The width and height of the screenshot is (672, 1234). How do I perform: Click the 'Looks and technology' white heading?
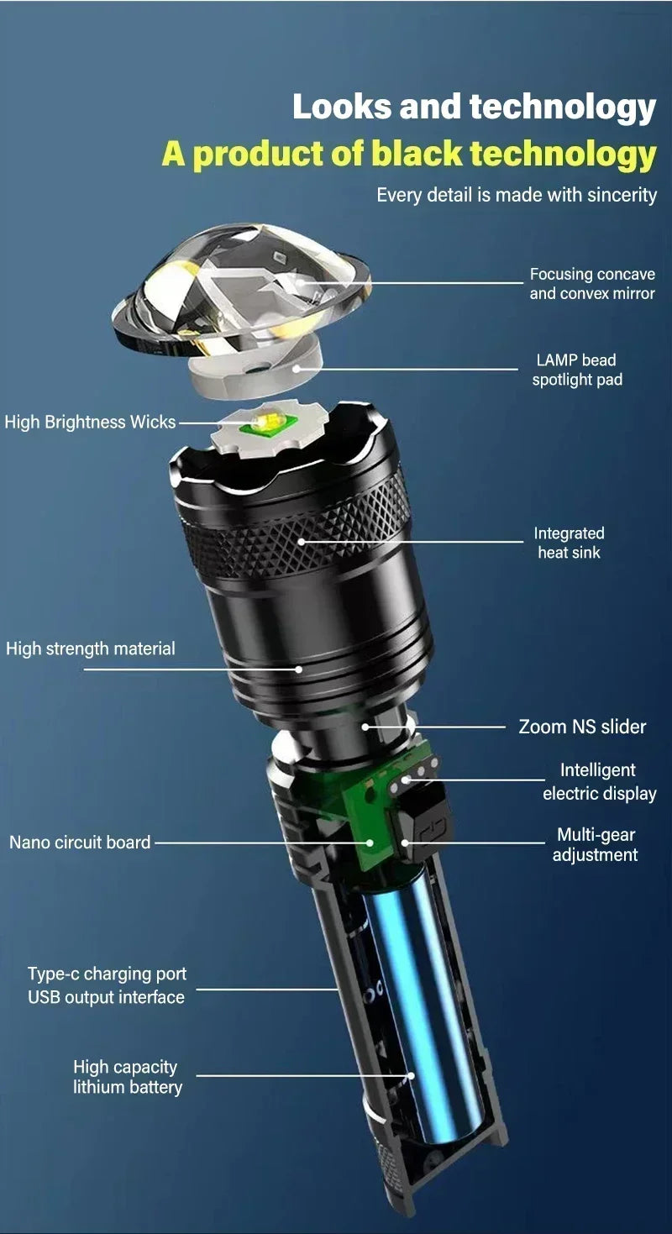[474, 108]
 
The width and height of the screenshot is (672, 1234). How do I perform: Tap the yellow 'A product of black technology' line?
[409, 154]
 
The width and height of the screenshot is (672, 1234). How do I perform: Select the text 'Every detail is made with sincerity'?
[516, 195]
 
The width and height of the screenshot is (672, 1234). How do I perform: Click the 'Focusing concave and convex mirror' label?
[591, 284]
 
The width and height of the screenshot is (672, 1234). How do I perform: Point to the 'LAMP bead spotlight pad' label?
[576, 370]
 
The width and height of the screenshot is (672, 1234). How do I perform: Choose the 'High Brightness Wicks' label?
[90, 422]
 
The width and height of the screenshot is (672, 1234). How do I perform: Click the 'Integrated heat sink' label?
[569, 543]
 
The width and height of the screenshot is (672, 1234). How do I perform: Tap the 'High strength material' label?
[91, 649]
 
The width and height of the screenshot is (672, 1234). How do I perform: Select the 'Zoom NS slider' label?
[582, 727]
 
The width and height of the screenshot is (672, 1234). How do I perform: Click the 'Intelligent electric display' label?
[599, 782]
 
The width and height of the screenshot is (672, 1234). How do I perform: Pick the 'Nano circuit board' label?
[80, 842]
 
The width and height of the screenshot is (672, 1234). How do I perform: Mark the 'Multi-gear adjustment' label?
[596, 845]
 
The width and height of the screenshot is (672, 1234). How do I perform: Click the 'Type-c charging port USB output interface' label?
[107, 985]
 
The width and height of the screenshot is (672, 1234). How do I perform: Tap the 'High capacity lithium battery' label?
[127, 1077]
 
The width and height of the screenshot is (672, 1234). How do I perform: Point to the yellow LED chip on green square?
[263, 423]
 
